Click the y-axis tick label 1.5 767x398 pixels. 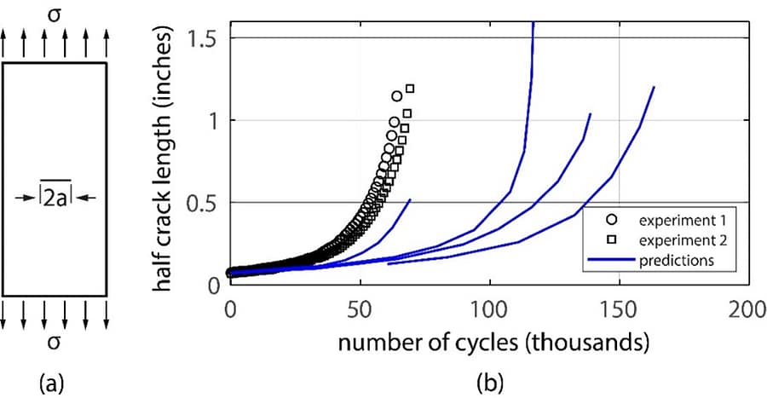click(205, 38)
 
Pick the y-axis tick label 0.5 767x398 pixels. click(205, 202)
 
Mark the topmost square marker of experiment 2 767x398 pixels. click(410, 88)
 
